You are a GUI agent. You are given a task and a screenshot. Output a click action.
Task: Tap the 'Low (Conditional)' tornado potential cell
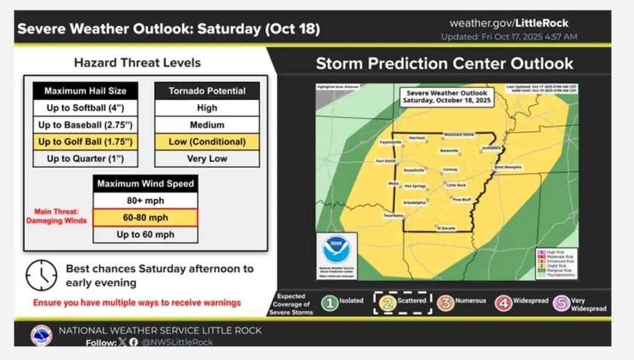tap(207, 142)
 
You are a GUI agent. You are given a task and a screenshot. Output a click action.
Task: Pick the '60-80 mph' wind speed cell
tap(145, 217)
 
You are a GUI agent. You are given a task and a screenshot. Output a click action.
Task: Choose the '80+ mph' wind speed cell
tap(145, 201)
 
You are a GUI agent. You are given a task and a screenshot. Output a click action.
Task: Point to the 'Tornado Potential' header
tap(207, 91)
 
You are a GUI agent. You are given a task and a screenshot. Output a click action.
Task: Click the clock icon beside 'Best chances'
tap(41, 274)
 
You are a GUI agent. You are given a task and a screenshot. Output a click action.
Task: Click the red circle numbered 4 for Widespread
tap(503, 302)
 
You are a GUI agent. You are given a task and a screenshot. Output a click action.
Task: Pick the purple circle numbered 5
tap(562, 302)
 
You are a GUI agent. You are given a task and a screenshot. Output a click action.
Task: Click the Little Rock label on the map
tap(456, 185)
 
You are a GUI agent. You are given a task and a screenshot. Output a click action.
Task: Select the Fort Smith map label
tap(386, 161)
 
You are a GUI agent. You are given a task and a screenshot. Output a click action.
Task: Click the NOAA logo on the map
tap(337, 251)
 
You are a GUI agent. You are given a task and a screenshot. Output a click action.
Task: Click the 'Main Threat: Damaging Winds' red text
tap(60, 216)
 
